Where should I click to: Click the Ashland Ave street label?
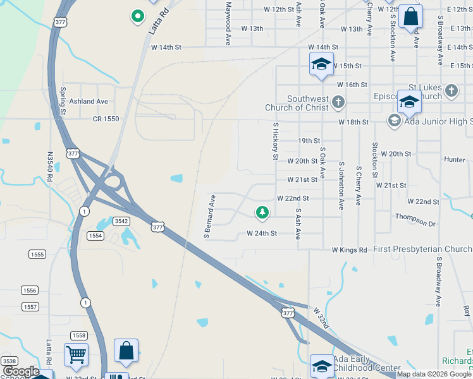89,101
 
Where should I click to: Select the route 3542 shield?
121,221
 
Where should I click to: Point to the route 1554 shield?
95,236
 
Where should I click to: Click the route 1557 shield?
29,306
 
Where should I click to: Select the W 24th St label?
262,234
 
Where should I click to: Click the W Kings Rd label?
349,250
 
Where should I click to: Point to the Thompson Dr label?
415,224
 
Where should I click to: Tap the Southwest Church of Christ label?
308,103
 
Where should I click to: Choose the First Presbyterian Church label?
422,250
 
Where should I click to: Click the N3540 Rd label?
50,165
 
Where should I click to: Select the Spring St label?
62,101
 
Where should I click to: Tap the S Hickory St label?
276,140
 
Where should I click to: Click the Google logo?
21,371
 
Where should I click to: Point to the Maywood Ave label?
228,23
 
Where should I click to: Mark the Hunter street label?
455,160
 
